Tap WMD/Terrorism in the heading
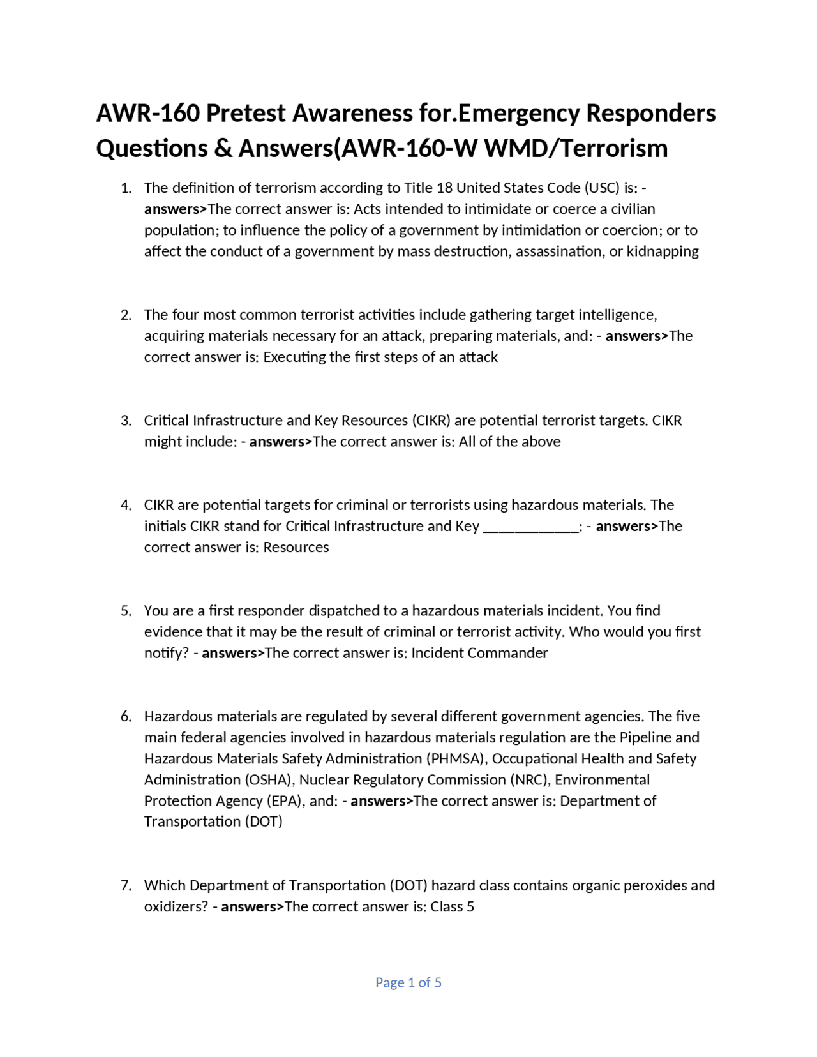[x=576, y=149]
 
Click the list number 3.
[x=126, y=421]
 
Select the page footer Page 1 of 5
[x=408, y=982]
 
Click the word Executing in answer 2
[x=294, y=357]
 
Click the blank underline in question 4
[x=530, y=527]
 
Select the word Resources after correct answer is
[x=296, y=548]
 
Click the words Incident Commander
[x=479, y=653]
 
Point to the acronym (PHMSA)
[x=456, y=759]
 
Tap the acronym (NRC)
[x=529, y=780]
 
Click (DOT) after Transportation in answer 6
[x=264, y=821]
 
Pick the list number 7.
[x=126, y=886]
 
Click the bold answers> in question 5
[x=233, y=653]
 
